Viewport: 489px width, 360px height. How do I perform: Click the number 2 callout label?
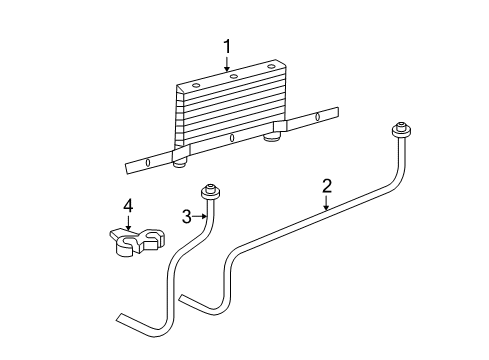point(326,185)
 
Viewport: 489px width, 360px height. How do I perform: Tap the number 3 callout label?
point(187,215)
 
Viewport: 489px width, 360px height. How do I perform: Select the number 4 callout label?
point(128,206)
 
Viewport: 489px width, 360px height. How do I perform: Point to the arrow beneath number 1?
point(227,63)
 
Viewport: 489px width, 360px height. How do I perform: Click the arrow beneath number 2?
point(326,204)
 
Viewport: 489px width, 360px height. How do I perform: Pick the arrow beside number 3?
point(200,215)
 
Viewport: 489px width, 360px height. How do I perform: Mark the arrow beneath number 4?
point(128,224)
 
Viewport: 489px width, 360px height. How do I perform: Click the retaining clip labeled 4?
point(135,241)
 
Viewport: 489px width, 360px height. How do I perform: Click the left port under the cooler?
point(180,161)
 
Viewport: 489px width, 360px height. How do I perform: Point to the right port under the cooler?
point(269,138)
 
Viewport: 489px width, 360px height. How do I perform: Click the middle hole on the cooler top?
point(232,75)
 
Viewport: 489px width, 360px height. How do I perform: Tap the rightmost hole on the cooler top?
point(269,66)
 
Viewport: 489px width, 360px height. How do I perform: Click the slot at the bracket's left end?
point(148,162)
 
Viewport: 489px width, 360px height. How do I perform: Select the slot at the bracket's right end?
point(318,118)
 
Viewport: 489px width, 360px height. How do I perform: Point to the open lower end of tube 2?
point(182,297)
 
